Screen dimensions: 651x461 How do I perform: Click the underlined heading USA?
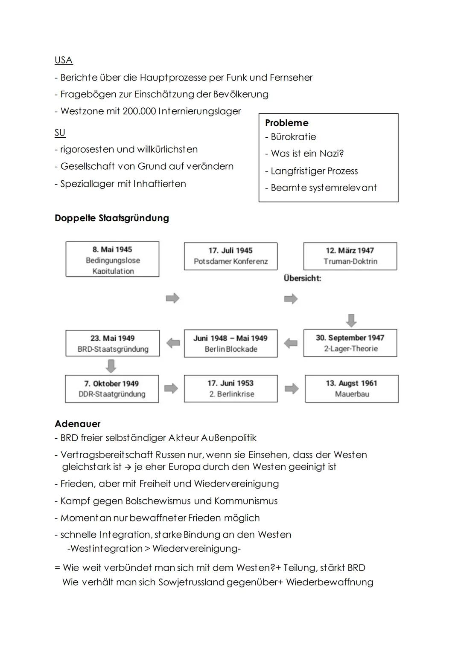point(64,60)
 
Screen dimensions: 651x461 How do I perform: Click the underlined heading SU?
point(60,133)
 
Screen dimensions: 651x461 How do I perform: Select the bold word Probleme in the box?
point(286,123)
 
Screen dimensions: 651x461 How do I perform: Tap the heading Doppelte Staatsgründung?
point(112,218)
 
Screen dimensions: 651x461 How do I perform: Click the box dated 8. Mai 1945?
point(112,259)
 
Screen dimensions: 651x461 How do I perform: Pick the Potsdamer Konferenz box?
point(230,256)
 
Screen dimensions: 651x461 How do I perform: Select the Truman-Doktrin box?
point(350,256)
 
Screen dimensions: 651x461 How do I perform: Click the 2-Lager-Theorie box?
point(350,343)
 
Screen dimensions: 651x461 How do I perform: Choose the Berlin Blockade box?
point(230,344)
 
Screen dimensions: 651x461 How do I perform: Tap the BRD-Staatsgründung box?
point(113,344)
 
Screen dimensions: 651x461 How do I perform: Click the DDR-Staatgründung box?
point(112,389)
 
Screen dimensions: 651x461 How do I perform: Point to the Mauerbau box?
point(352,389)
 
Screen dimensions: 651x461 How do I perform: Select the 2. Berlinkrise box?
point(230,389)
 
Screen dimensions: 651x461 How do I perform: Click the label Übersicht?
point(302,278)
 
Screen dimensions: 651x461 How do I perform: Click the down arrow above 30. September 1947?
point(351,320)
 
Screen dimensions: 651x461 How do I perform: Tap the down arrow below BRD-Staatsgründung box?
point(111,366)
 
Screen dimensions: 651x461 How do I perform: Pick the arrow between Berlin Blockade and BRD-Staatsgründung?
point(173,343)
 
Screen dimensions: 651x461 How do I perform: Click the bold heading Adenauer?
point(78,424)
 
